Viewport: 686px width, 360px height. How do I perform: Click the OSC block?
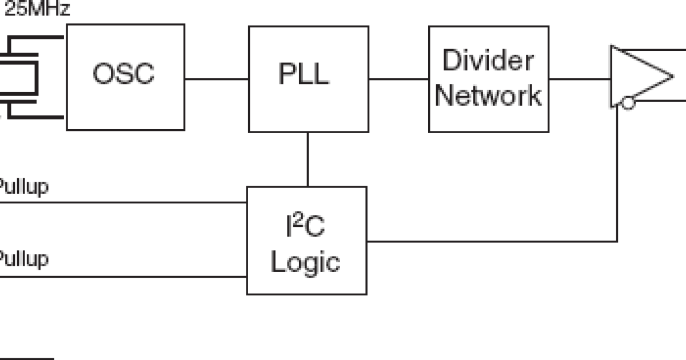point(125,77)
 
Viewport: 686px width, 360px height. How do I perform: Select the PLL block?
point(308,79)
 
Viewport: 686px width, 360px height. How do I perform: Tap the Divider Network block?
point(488,79)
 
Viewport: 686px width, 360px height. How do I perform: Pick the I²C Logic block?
point(306,240)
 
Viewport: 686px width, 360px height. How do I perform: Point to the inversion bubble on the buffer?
point(628,103)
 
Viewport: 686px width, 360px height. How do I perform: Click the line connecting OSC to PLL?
point(216,78)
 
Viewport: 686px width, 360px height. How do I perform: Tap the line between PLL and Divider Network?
point(398,78)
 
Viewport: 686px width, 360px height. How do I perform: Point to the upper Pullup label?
point(23,187)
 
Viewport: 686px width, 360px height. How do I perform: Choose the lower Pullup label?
point(23,259)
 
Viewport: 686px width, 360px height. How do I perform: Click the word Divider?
point(488,61)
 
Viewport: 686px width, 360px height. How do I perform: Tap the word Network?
point(488,95)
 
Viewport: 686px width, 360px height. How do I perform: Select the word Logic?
point(305,262)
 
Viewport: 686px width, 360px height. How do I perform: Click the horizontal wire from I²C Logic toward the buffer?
point(492,241)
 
